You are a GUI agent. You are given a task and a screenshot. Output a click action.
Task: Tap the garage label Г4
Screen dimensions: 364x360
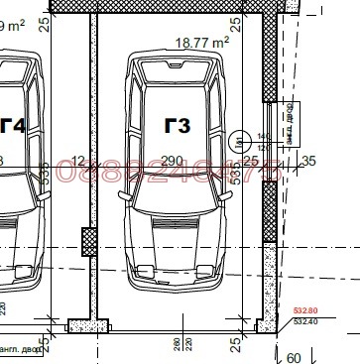pyautogui.click(x=12, y=126)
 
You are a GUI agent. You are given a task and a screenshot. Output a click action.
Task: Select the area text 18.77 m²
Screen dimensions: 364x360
pyautogui.click(x=201, y=43)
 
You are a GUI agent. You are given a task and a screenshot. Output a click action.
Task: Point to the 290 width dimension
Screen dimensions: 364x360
pyautogui.click(x=172, y=161)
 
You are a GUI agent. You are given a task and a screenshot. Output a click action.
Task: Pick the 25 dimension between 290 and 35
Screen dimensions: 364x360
pyautogui.click(x=251, y=161)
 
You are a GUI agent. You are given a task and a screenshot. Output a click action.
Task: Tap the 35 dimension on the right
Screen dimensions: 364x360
pyautogui.click(x=308, y=161)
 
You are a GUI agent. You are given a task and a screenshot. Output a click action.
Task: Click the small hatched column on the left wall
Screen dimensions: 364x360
pyautogui.click(x=86, y=238)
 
